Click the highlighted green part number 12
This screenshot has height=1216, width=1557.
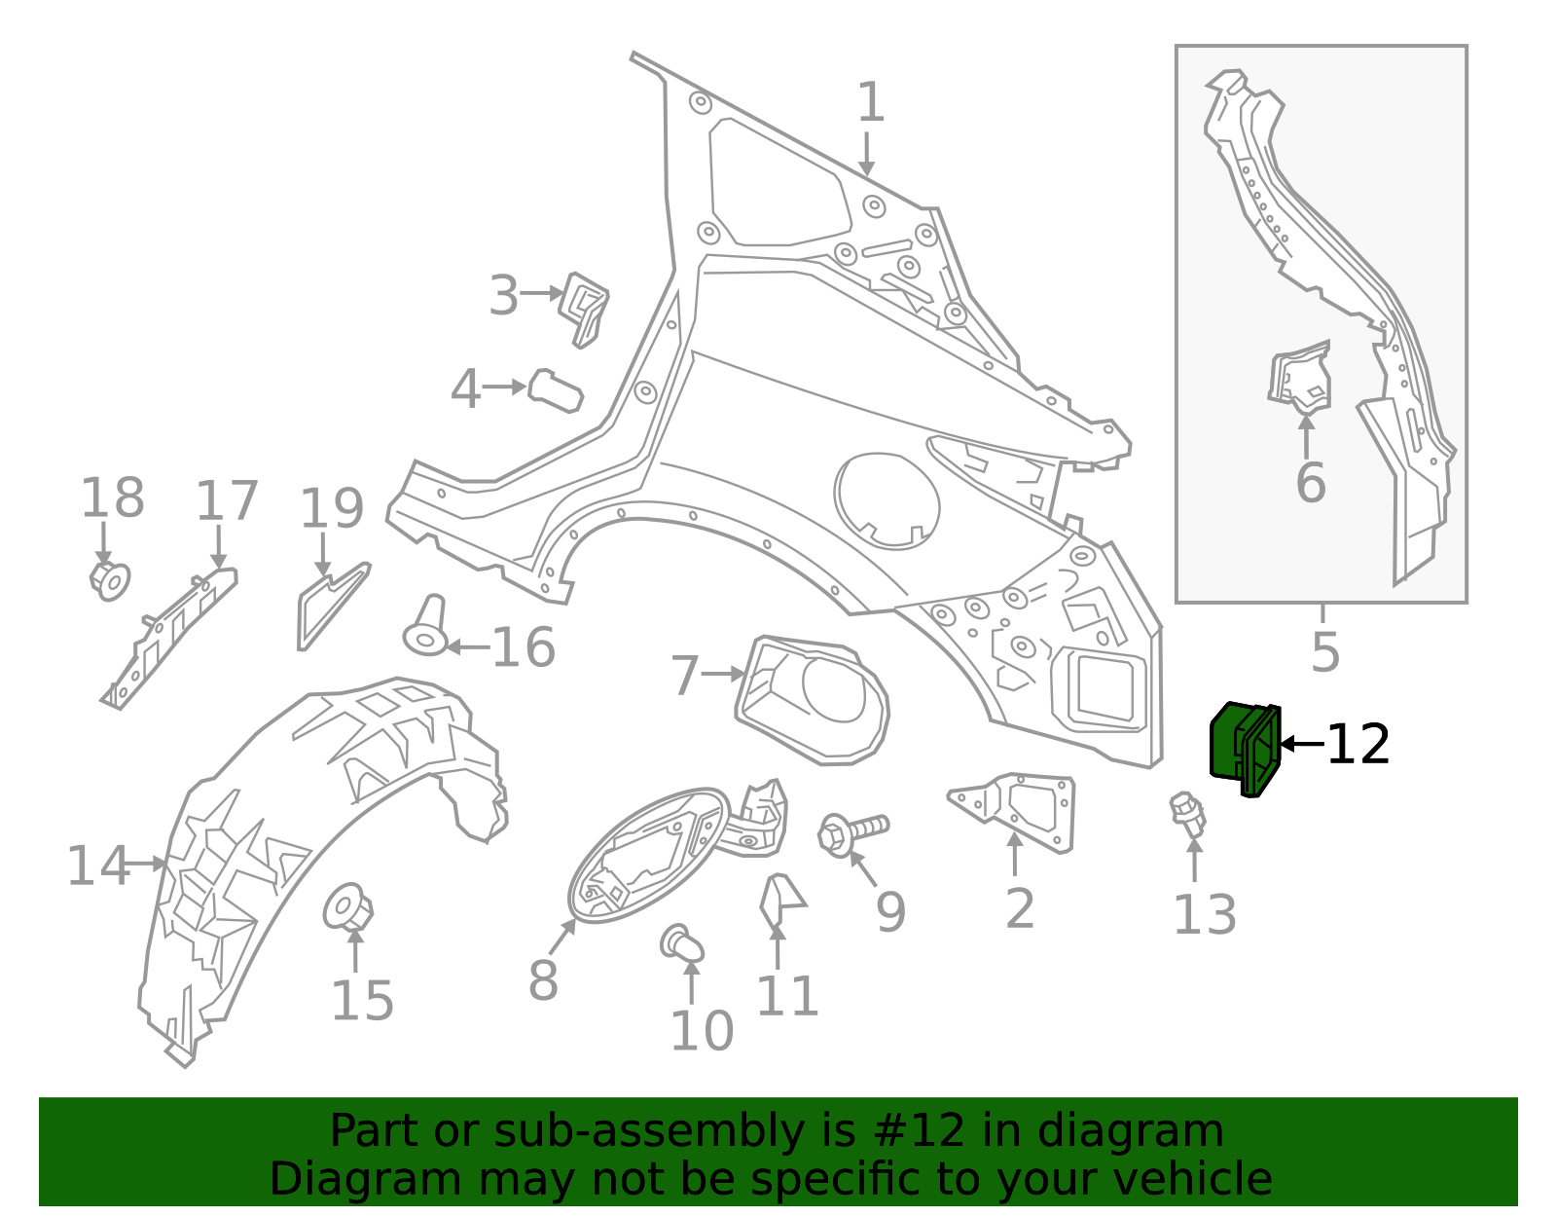(1245, 747)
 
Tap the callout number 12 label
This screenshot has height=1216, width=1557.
(1358, 745)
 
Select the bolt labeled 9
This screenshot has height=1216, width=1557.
(851, 832)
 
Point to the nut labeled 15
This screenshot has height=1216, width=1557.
(347, 907)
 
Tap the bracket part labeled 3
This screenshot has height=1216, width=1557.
(585, 308)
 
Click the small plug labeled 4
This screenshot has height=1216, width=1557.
(555, 389)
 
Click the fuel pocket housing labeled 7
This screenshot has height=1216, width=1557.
(811, 699)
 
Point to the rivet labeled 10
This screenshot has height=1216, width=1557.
(681, 943)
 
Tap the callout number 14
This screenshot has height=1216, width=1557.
(97, 866)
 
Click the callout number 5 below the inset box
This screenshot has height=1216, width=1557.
(1325, 651)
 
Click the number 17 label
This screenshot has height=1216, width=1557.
(227, 500)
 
